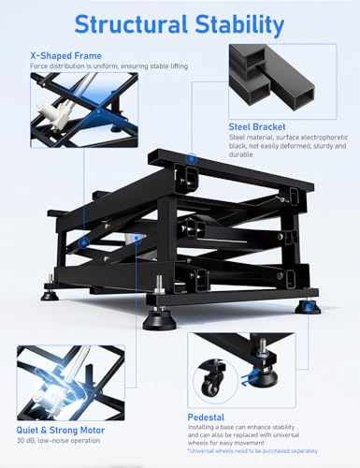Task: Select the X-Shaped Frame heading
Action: pyautogui.click(x=65, y=55)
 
